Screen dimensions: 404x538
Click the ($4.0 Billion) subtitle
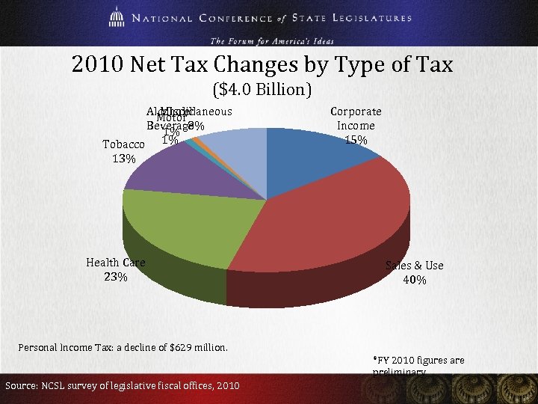[262, 91]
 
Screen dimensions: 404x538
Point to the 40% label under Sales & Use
[414, 280]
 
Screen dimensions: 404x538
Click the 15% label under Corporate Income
[356, 140]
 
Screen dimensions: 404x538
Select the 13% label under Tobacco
[123, 159]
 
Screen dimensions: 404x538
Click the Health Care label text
[115, 262]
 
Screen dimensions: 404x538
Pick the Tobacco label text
[123, 144]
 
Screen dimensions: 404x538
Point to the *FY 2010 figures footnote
[418, 361]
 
